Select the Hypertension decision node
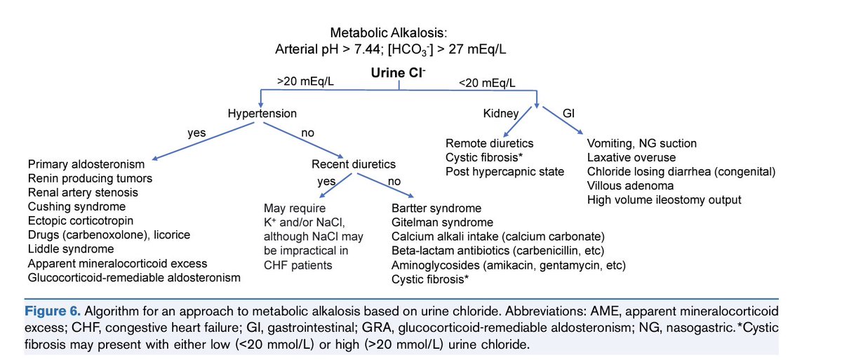pos(262,112)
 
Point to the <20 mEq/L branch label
pos(487,83)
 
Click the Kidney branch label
pos(500,112)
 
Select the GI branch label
pos(569,112)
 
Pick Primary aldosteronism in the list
pos(86,164)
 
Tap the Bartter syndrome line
pos(436,208)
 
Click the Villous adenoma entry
pos(631,186)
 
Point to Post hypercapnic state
pos(504,171)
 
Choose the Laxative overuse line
pos(631,157)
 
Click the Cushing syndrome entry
pos(76,206)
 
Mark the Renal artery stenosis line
pos(83,192)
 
